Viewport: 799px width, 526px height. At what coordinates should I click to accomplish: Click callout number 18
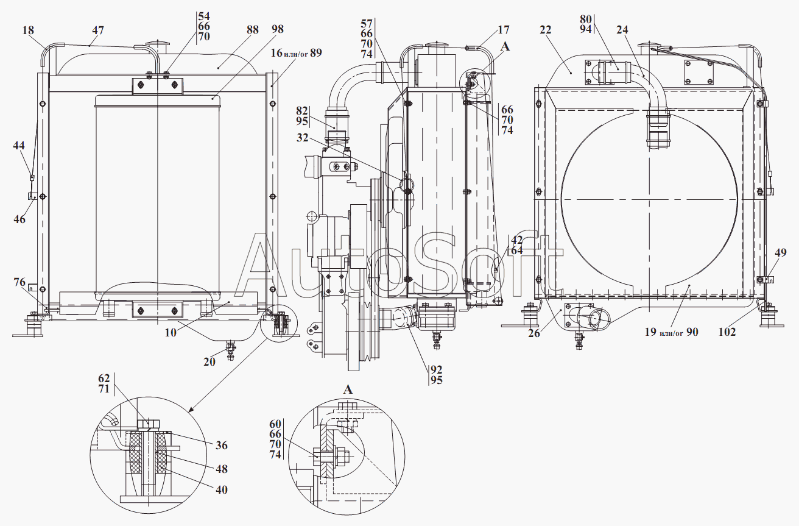click(28, 30)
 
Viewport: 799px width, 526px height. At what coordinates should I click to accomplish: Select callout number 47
click(97, 30)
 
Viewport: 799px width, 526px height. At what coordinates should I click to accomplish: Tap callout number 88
click(253, 29)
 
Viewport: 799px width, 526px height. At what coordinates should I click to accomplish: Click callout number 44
click(19, 146)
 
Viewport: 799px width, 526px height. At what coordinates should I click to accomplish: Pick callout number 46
click(19, 219)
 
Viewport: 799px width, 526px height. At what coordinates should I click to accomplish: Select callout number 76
click(19, 282)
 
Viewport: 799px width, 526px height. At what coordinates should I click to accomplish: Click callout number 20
click(209, 361)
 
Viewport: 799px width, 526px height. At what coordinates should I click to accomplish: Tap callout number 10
click(171, 332)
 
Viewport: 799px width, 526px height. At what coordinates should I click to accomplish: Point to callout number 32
click(303, 138)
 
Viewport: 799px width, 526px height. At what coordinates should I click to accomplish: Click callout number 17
click(503, 30)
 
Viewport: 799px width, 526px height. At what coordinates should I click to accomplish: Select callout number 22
click(546, 30)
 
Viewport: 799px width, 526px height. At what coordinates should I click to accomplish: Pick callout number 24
click(622, 30)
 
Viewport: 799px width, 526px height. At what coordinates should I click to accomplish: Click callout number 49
click(781, 252)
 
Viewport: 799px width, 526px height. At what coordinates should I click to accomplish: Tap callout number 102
click(727, 332)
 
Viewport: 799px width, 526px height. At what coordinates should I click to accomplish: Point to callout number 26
click(534, 333)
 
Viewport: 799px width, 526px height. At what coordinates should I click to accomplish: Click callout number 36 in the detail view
click(222, 446)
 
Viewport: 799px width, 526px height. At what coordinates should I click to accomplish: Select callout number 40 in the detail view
click(222, 489)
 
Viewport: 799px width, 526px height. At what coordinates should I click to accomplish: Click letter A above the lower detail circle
click(348, 389)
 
